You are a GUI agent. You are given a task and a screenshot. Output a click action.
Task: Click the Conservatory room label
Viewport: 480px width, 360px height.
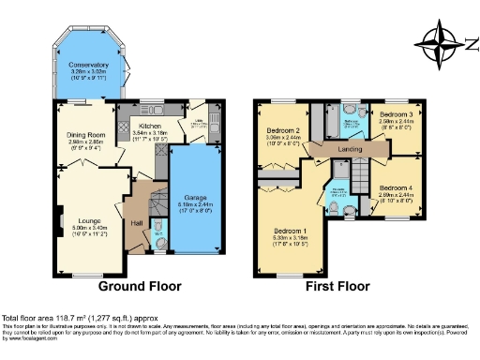pos(88,64)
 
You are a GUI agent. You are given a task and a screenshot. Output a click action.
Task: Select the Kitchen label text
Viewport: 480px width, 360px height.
pos(150,126)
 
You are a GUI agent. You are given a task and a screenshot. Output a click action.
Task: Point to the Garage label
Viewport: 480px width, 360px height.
pos(195,198)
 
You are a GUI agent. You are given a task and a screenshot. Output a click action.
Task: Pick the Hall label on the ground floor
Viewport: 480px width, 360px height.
pos(136,222)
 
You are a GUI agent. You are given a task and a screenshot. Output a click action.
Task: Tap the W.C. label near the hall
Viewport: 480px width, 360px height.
pos(158,233)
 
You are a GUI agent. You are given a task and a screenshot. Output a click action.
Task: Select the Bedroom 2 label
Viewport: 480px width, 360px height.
pos(282,130)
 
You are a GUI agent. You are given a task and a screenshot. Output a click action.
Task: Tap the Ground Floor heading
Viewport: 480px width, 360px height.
pos(140,285)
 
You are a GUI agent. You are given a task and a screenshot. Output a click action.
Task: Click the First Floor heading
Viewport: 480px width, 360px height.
pos(337,285)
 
